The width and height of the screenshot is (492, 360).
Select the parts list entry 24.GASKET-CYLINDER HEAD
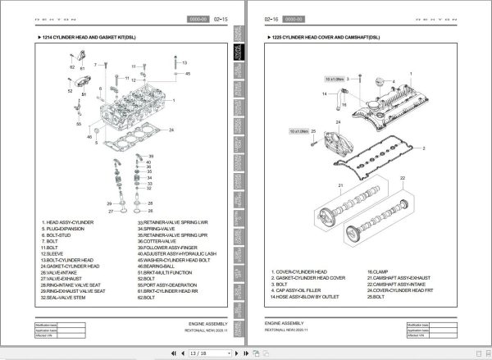[71, 267]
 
